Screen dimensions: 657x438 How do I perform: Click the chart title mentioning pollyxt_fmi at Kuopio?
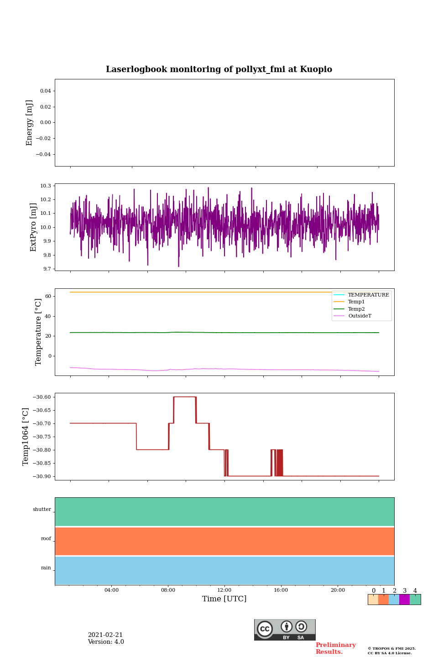click(x=219, y=69)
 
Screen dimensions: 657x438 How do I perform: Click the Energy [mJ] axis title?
click(x=30, y=123)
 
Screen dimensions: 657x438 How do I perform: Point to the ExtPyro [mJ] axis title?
click(x=33, y=227)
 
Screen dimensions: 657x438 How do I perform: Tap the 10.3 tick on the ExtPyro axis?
click(x=46, y=186)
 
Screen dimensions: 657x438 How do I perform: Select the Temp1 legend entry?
click(x=356, y=302)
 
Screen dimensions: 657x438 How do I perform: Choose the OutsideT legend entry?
click(x=360, y=316)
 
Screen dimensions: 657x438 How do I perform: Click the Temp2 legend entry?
click(x=356, y=309)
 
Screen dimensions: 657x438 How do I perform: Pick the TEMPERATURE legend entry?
click(x=368, y=295)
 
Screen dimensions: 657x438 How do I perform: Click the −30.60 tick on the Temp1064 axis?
click(x=41, y=397)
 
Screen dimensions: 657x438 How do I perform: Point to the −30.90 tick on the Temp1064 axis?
click(x=41, y=476)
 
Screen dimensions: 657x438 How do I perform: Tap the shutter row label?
click(x=42, y=510)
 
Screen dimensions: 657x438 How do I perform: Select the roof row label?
click(x=46, y=539)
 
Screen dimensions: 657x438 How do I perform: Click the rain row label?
click(x=46, y=568)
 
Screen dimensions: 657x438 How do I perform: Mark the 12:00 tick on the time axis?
click(x=224, y=590)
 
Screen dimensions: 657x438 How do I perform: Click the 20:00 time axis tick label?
click(x=338, y=590)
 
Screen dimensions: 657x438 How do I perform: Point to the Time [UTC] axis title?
click(x=224, y=599)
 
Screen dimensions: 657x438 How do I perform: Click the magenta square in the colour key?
click(x=404, y=600)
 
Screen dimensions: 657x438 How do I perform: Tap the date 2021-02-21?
click(x=105, y=635)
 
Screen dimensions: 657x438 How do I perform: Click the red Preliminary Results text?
click(x=335, y=648)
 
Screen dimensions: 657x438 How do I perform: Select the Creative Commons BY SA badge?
click(x=285, y=630)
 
